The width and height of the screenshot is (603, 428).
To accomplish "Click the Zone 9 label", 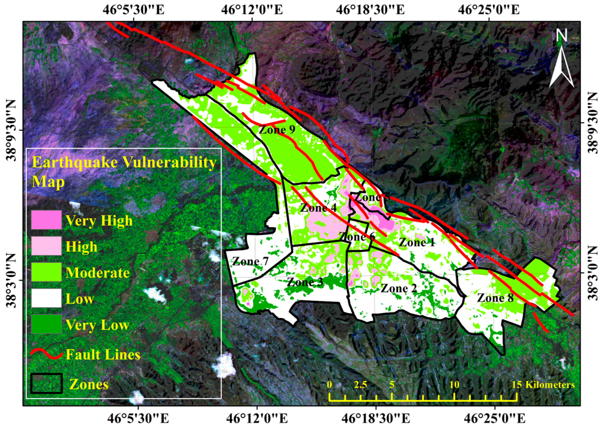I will (277, 130).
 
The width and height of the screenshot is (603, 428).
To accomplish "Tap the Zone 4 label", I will (318, 208).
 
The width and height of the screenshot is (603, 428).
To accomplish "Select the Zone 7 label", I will (250, 261).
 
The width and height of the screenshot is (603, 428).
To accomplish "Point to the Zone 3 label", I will (305, 282).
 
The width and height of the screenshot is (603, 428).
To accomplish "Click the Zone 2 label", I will (399, 288).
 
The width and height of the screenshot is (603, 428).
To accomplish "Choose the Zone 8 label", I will (495, 298).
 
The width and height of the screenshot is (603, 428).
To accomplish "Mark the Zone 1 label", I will (417, 242).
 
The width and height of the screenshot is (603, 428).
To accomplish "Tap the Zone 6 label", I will (357, 237).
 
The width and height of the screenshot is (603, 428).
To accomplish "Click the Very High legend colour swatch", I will (46, 220).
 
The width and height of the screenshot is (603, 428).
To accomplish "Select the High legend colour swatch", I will (46, 246).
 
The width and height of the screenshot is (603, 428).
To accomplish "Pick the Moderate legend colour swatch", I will (46, 272).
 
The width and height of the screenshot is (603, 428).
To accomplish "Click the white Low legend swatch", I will (46, 298).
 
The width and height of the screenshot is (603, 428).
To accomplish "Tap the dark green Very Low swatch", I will (46, 324).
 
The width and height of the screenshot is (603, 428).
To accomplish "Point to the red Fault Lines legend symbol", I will (46, 354).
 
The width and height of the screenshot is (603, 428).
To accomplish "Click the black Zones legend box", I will (46, 384).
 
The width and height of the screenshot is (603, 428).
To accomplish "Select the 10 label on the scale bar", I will (454, 384).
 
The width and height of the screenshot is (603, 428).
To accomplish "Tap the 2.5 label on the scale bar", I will (361, 384).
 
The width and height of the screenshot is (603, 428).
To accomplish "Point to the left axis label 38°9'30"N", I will (12, 130).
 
